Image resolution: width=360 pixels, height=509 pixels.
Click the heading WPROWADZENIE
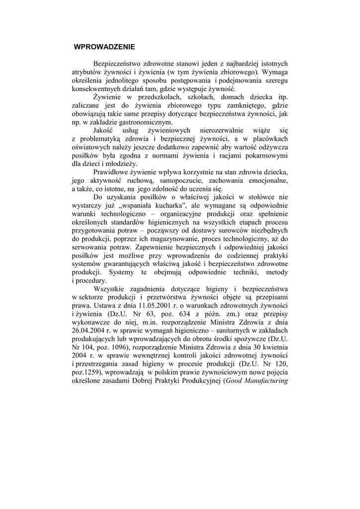point(104,48)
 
